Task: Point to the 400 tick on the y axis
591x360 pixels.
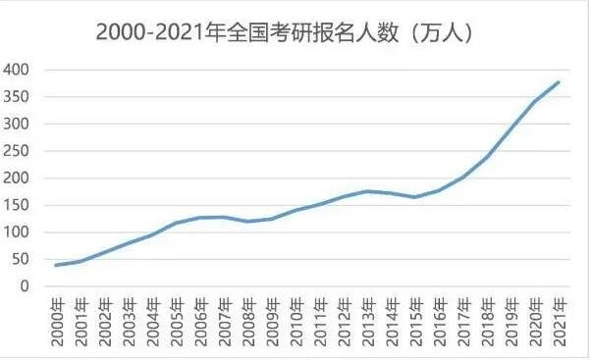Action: click(x=17, y=70)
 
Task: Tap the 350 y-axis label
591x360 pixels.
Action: click(x=17, y=97)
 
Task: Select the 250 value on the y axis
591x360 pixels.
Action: click(x=17, y=151)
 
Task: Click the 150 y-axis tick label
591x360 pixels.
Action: click(x=17, y=205)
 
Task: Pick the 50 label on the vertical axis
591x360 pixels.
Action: click(x=20, y=259)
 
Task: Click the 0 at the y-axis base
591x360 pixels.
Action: click(x=24, y=286)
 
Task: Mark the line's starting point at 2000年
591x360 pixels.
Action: click(x=56, y=265)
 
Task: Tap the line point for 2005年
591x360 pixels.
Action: click(x=176, y=223)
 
